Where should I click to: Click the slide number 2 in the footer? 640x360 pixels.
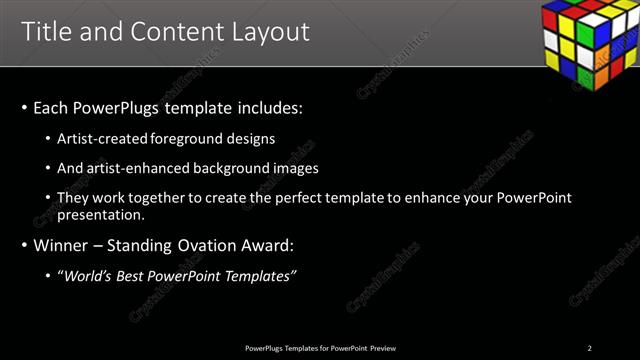[x=590, y=347]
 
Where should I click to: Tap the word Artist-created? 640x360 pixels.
[x=95, y=138]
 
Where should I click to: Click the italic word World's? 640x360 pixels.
[x=85, y=275]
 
